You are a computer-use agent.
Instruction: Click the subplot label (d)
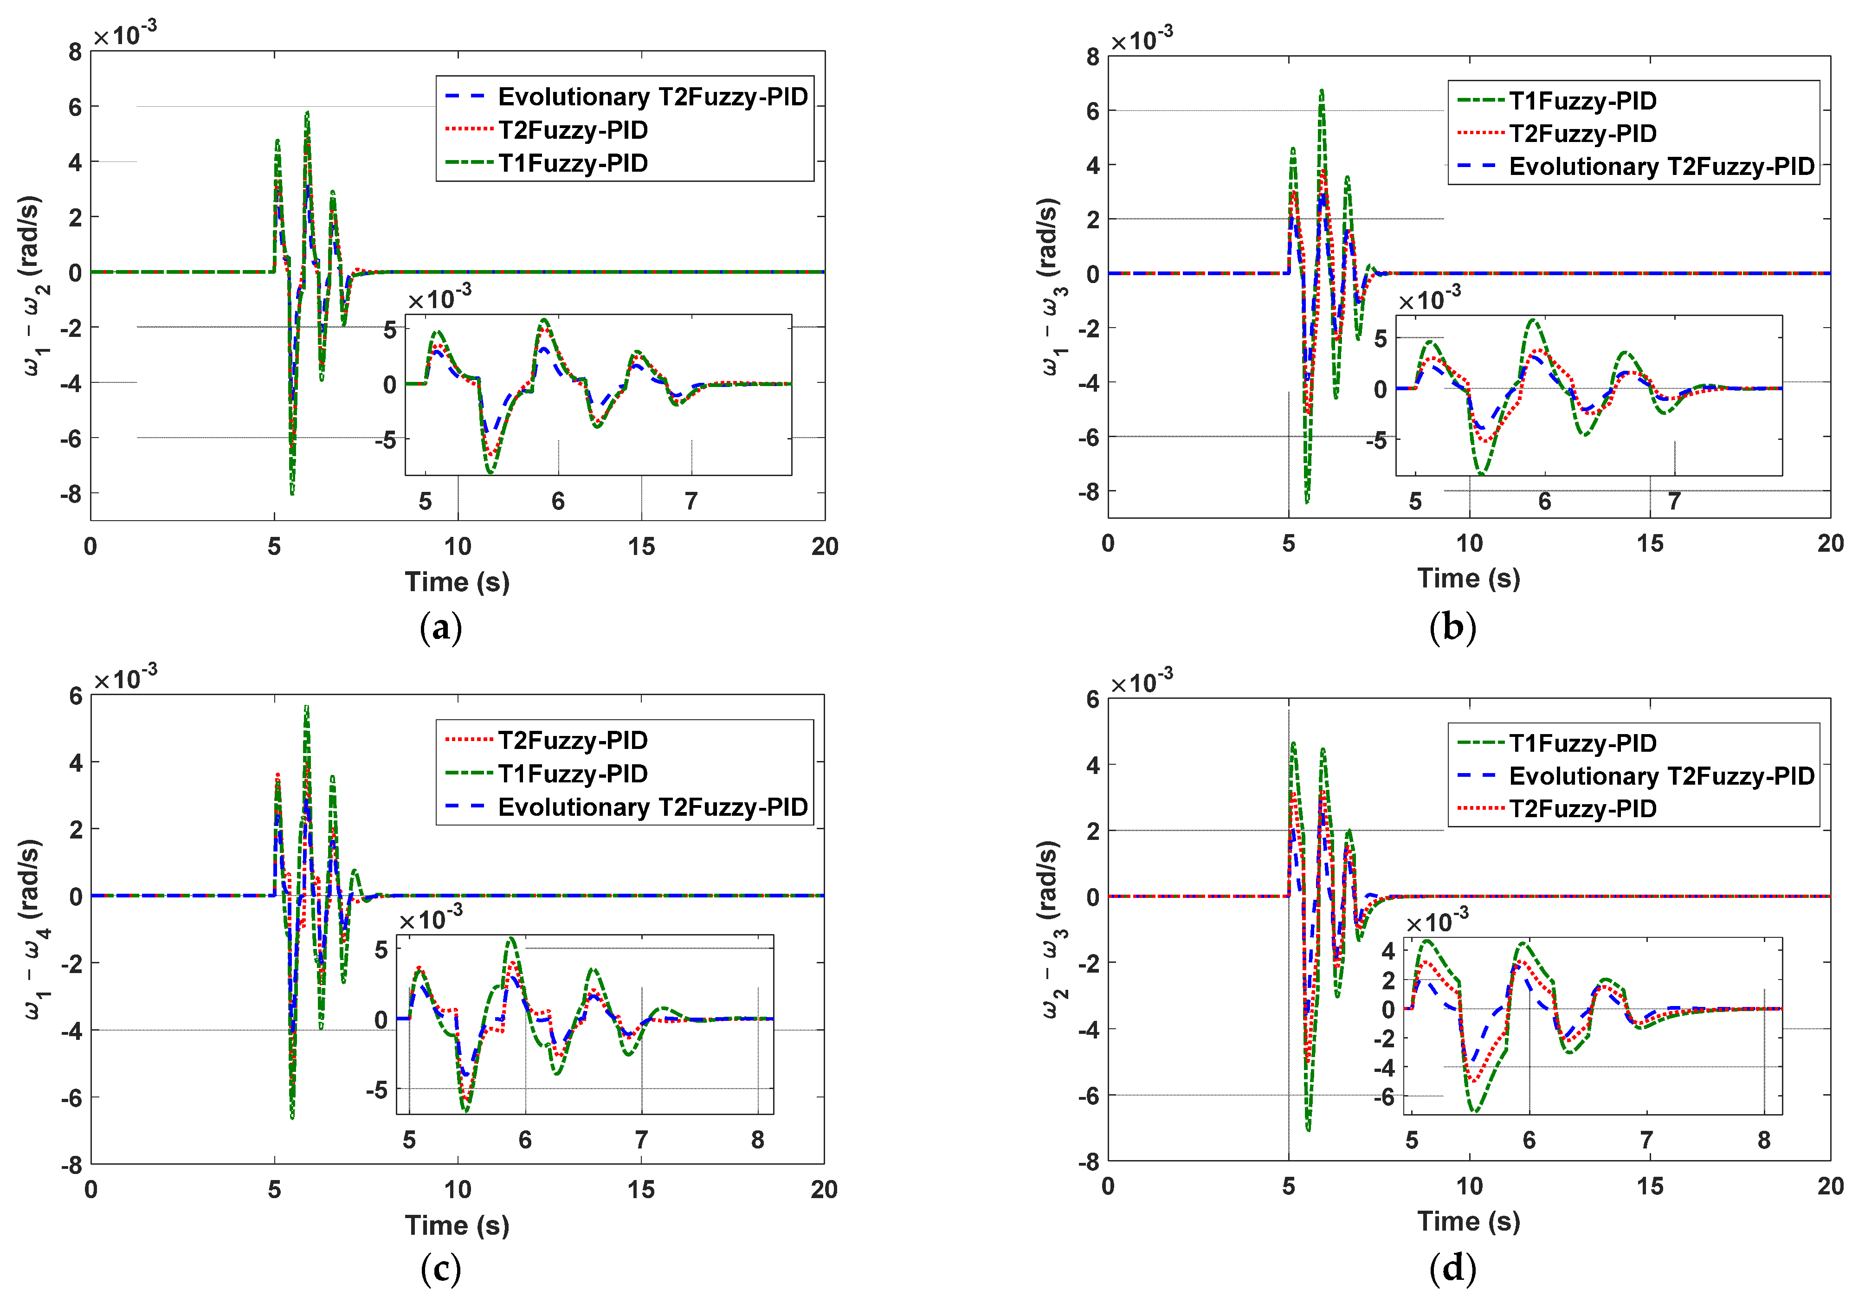tap(1452, 1268)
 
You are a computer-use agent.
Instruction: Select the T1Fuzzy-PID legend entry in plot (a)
tap(573, 163)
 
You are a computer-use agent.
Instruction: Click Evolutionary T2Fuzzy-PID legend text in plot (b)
tap(1661, 167)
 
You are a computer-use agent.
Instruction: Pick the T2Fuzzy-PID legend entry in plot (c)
tap(573, 740)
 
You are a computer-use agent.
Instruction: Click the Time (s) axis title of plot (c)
tap(457, 1225)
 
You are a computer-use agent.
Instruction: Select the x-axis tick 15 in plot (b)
tap(1650, 543)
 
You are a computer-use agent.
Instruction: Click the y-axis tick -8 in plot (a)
tap(71, 494)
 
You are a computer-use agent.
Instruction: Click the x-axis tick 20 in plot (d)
tap(1830, 1186)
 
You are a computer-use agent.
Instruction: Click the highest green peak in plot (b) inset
tap(1532, 320)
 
